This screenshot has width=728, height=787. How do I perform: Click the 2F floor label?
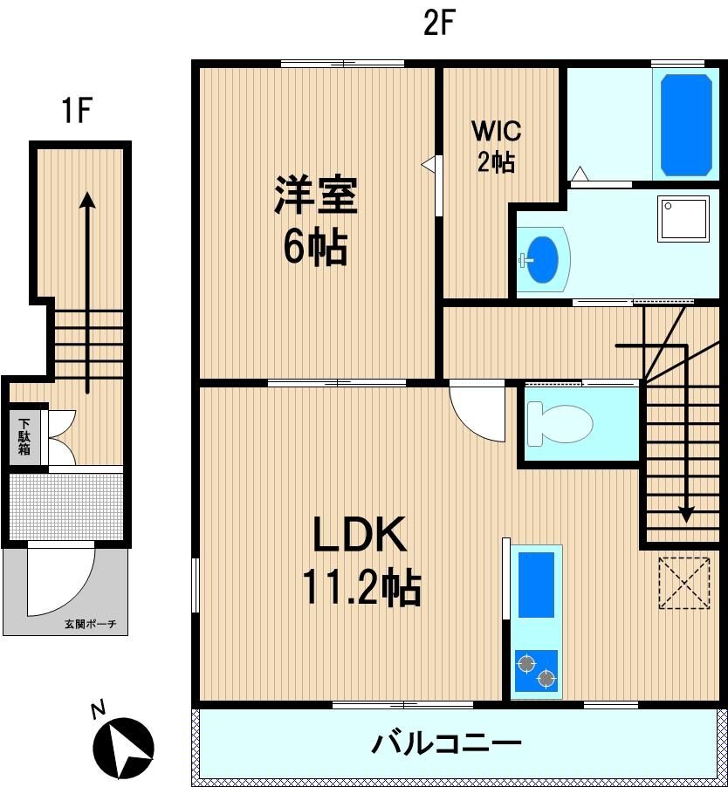[x=439, y=24]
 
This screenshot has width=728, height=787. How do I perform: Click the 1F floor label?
[x=76, y=111]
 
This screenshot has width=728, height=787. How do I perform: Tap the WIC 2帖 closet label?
[x=496, y=147]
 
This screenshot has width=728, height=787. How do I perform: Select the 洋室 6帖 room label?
[x=315, y=220]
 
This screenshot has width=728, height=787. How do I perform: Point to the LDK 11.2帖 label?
[x=360, y=560]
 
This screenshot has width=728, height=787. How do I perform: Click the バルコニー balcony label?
[x=446, y=743]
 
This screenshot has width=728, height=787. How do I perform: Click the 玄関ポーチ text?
[x=91, y=624]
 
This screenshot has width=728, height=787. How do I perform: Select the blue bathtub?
[x=686, y=125]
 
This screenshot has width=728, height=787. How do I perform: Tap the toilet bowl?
[x=560, y=423]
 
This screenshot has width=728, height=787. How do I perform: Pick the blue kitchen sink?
[x=536, y=585]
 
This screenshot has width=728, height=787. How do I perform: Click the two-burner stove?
[x=536, y=671]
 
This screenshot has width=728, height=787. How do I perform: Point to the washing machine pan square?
[x=683, y=218]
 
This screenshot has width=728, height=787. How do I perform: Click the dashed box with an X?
[x=683, y=583]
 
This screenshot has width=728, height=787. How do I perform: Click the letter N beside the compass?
[x=99, y=710]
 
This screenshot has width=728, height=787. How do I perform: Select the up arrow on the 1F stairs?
[x=88, y=292]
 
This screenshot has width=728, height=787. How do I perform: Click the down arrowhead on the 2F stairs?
[x=686, y=515]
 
